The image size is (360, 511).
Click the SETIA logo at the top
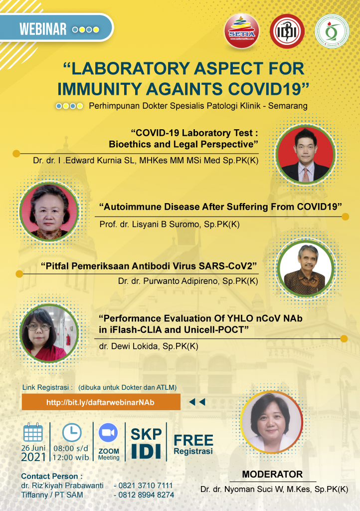click(241, 31)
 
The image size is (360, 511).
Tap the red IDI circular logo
click(287, 31)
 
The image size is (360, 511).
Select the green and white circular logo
click(332, 31)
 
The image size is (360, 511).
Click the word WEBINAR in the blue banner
click(43, 29)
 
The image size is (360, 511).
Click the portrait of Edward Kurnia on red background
click(306, 155)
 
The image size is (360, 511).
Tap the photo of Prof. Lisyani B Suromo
click(49, 212)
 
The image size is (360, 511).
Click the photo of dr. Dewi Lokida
click(49, 333)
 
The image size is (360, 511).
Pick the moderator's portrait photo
click(271, 422)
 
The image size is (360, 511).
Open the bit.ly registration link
click(100, 402)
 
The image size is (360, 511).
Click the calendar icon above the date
click(33, 433)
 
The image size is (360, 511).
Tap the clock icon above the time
click(72, 433)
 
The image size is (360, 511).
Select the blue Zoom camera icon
click(108, 433)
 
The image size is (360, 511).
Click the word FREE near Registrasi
click(193, 440)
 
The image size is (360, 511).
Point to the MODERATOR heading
click(272, 474)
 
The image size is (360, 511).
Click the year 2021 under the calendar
click(33, 457)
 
